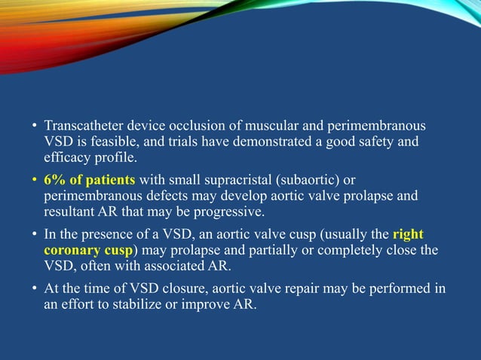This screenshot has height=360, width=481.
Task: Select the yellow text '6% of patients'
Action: click(89, 179)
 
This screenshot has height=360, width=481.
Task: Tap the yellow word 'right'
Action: click(409, 234)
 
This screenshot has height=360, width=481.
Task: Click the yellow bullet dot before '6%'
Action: click(35, 180)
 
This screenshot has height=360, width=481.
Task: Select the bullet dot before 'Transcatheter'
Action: click(35, 125)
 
